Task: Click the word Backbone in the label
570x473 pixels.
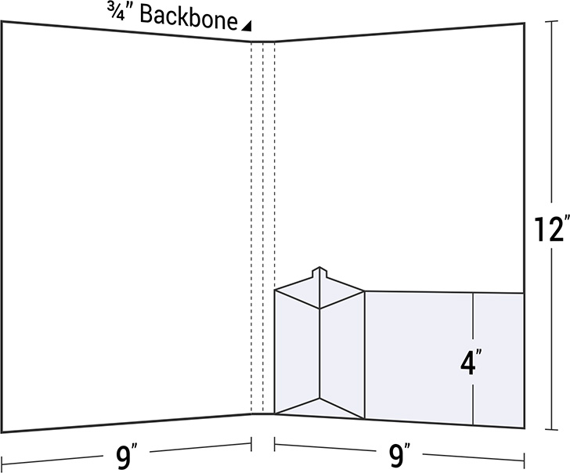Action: click(x=189, y=16)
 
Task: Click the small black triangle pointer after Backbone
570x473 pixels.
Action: click(x=247, y=26)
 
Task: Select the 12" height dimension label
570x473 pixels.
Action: click(x=551, y=229)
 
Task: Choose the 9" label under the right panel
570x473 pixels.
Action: click(x=399, y=455)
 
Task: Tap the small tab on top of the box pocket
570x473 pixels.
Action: click(x=319, y=274)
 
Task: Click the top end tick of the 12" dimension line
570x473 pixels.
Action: click(x=551, y=22)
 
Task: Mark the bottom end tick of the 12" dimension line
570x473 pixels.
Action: click(x=551, y=430)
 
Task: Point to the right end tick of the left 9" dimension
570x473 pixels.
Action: click(x=251, y=444)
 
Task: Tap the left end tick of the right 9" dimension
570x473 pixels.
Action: click(x=275, y=444)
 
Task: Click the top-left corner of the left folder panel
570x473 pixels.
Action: click(x=2, y=22)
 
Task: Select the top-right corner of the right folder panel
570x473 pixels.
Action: click(x=524, y=23)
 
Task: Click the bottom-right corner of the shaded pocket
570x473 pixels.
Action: click(x=524, y=428)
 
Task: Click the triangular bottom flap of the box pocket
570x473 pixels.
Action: click(x=319, y=409)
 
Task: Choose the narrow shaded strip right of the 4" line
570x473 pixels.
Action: click(x=499, y=360)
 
